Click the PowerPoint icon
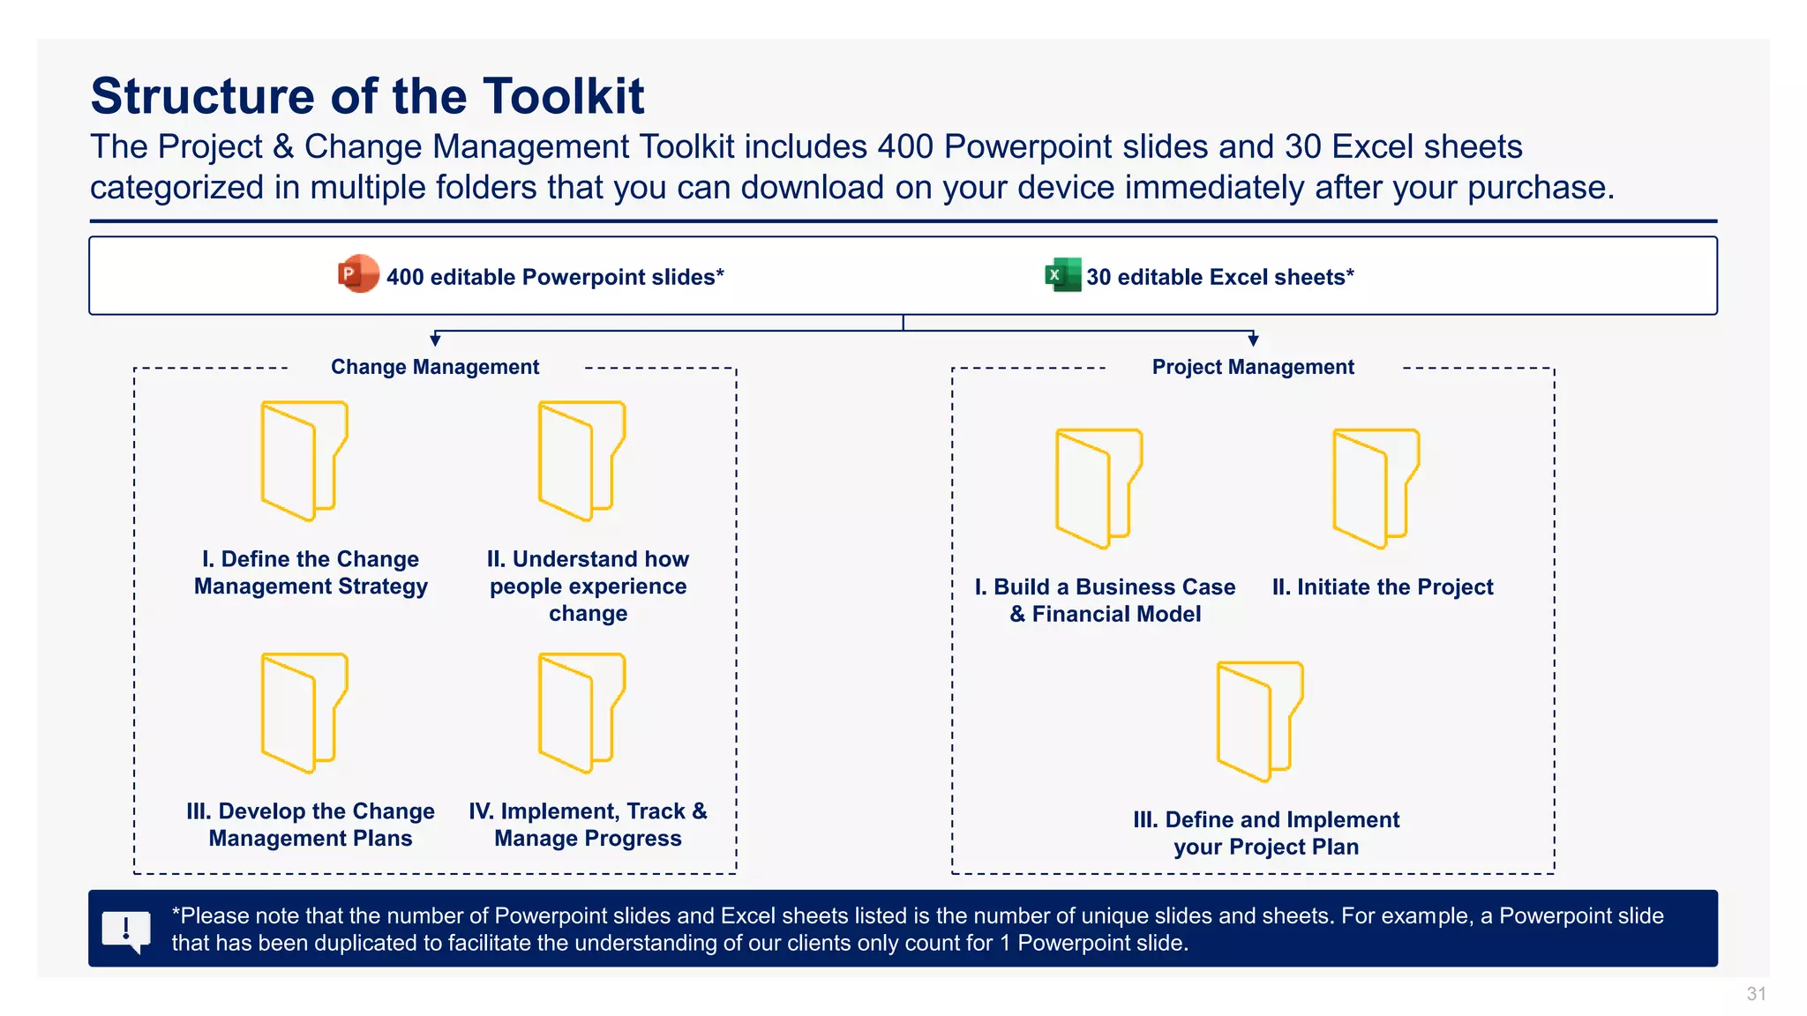click(358, 274)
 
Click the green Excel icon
click(1062, 274)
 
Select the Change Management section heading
click(435, 367)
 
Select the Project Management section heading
click(1252, 367)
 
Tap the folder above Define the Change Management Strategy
click(304, 460)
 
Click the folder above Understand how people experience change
click(581, 460)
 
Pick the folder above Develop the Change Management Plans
click(304, 713)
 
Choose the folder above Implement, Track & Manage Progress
click(581, 713)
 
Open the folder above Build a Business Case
click(1098, 489)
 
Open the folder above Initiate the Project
click(1376, 489)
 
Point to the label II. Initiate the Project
click(1382, 587)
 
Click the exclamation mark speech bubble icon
click(126, 930)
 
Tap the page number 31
click(1756, 994)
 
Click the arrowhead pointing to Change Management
click(435, 340)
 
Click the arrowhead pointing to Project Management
click(1253, 340)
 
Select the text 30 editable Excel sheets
click(1219, 277)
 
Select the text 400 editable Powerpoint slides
click(554, 277)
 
